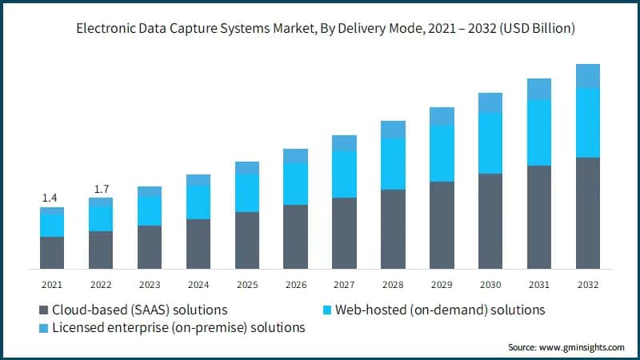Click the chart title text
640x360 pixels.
[320, 29]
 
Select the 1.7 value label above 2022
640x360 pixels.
[101, 189]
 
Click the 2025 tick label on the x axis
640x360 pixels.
[246, 284]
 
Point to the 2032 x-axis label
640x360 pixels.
[587, 284]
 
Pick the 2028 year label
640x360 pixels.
[393, 284]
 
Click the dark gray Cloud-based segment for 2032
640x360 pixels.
[588, 213]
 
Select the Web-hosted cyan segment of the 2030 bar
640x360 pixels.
[490, 143]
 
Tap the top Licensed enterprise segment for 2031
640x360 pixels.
[539, 89]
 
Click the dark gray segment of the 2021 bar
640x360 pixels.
[52, 252]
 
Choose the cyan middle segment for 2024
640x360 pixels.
[198, 202]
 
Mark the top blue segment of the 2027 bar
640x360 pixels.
[344, 143]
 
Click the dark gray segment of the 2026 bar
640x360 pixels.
[295, 236]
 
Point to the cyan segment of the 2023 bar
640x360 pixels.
[150, 211]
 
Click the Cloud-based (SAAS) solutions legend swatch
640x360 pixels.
[42, 310]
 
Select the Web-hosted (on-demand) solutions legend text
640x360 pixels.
[439, 310]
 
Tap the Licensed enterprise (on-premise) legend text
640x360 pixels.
[178, 327]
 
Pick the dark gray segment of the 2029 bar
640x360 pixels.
[442, 225]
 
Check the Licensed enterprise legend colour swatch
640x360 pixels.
[42, 327]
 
